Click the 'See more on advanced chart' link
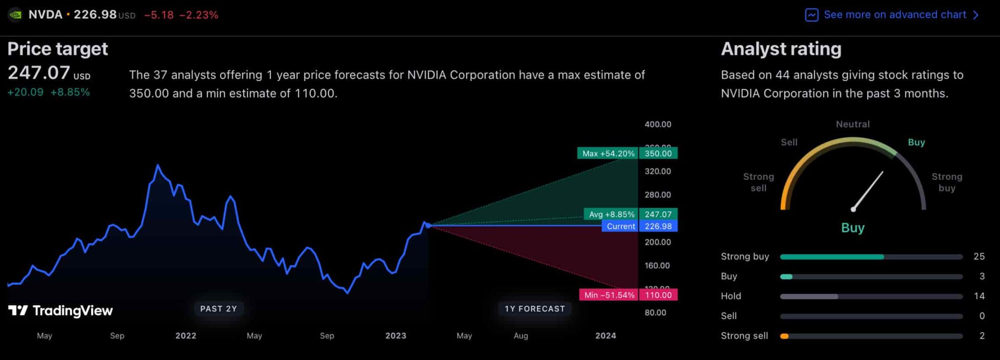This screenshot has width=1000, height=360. [x=895, y=15]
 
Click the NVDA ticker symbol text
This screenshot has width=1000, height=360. [x=45, y=15]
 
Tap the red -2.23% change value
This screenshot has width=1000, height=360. [x=199, y=15]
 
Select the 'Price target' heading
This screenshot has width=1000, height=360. [x=58, y=49]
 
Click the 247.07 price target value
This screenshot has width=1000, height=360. [x=39, y=73]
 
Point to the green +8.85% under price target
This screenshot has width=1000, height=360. [x=70, y=92]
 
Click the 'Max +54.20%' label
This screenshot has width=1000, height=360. [x=608, y=153]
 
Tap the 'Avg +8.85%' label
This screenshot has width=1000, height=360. [x=611, y=214]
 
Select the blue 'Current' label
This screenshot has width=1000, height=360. [x=621, y=226]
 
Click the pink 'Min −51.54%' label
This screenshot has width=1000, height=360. [x=609, y=295]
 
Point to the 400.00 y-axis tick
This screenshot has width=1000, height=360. [x=658, y=125]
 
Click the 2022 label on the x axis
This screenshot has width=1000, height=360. [x=186, y=336]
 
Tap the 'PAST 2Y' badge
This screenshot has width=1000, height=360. [x=218, y=309]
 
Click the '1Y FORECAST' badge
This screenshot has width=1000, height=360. [x=535, y=309]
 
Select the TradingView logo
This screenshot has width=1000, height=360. [x=61, y=311]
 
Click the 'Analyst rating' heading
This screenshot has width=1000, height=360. [x=781, y=49]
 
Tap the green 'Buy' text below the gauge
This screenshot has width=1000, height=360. [x=853, y=228]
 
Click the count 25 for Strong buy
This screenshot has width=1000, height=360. [x=979, y=256]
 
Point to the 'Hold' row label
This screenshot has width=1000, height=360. [x=730, y=296]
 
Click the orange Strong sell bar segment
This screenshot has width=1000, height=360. [x=784, y=336]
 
